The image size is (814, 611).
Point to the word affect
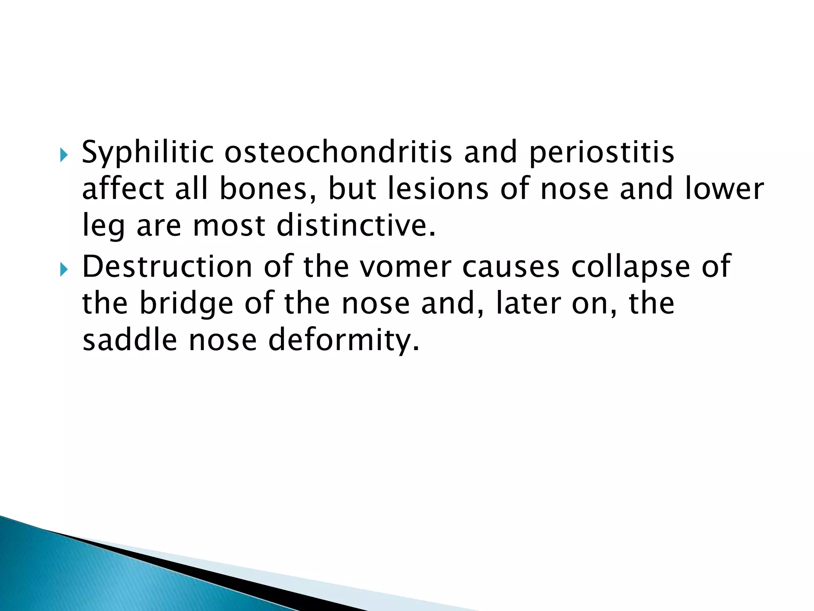123,189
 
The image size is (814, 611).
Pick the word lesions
438,189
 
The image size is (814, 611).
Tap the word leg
103,226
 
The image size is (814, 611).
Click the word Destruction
167,267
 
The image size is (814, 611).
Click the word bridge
186,303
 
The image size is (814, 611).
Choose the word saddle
130,340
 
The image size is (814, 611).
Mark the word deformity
343,340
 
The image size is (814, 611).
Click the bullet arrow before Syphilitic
64,154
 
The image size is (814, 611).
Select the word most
229,226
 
